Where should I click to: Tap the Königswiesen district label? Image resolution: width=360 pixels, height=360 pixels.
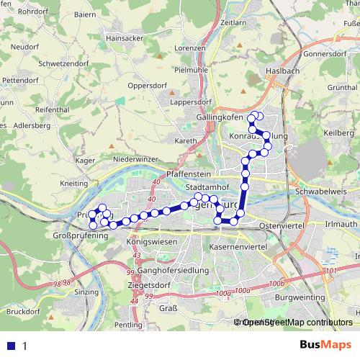(152, 243)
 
